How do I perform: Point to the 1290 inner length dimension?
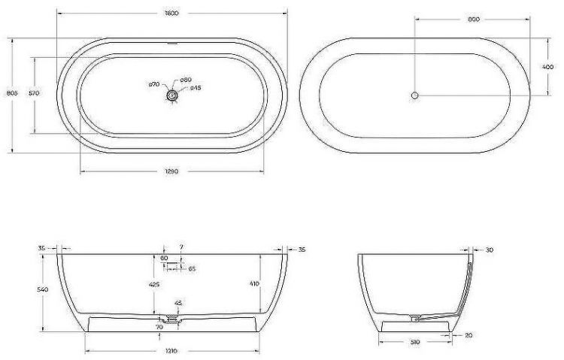pos(172,171)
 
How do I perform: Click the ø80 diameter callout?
pos(186,80)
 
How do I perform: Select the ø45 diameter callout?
pos(194,88)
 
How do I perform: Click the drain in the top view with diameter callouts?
pos(173,95)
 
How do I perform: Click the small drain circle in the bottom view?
pos(414,95)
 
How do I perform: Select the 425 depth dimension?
pos(154,285)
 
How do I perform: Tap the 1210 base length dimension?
pos(173,351)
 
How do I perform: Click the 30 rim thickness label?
pos(490,250)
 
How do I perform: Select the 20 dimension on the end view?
pos(468,334)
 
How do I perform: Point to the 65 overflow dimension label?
pos(192,268)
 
